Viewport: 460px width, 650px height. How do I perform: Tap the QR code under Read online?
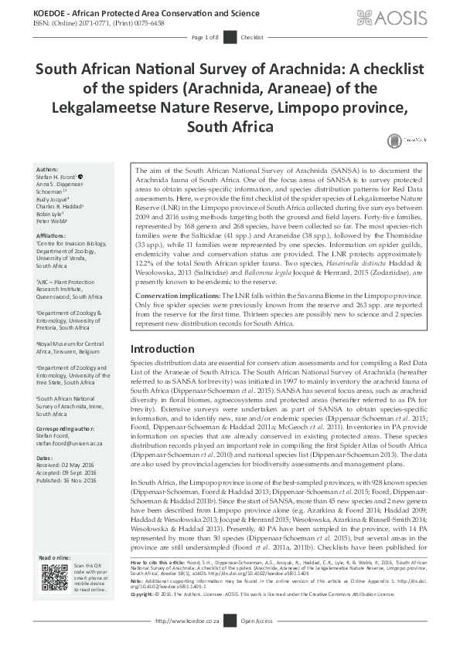point(54,577)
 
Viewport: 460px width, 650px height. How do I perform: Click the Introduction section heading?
point(162,349)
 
